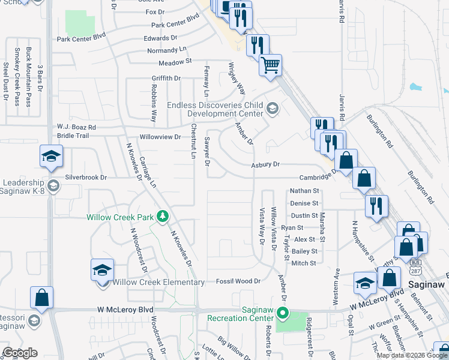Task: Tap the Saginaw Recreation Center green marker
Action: point(287,314)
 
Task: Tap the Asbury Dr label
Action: point(265,164)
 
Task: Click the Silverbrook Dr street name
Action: point(86,178)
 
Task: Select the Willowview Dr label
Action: point(160,137)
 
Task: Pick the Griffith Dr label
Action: point(166,78)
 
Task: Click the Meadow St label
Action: point(175,62)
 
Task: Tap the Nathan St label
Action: point(304,190)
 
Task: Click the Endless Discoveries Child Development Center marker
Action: point(272,108)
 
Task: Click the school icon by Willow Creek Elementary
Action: point(102,270)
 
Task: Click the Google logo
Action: point(20,353)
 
